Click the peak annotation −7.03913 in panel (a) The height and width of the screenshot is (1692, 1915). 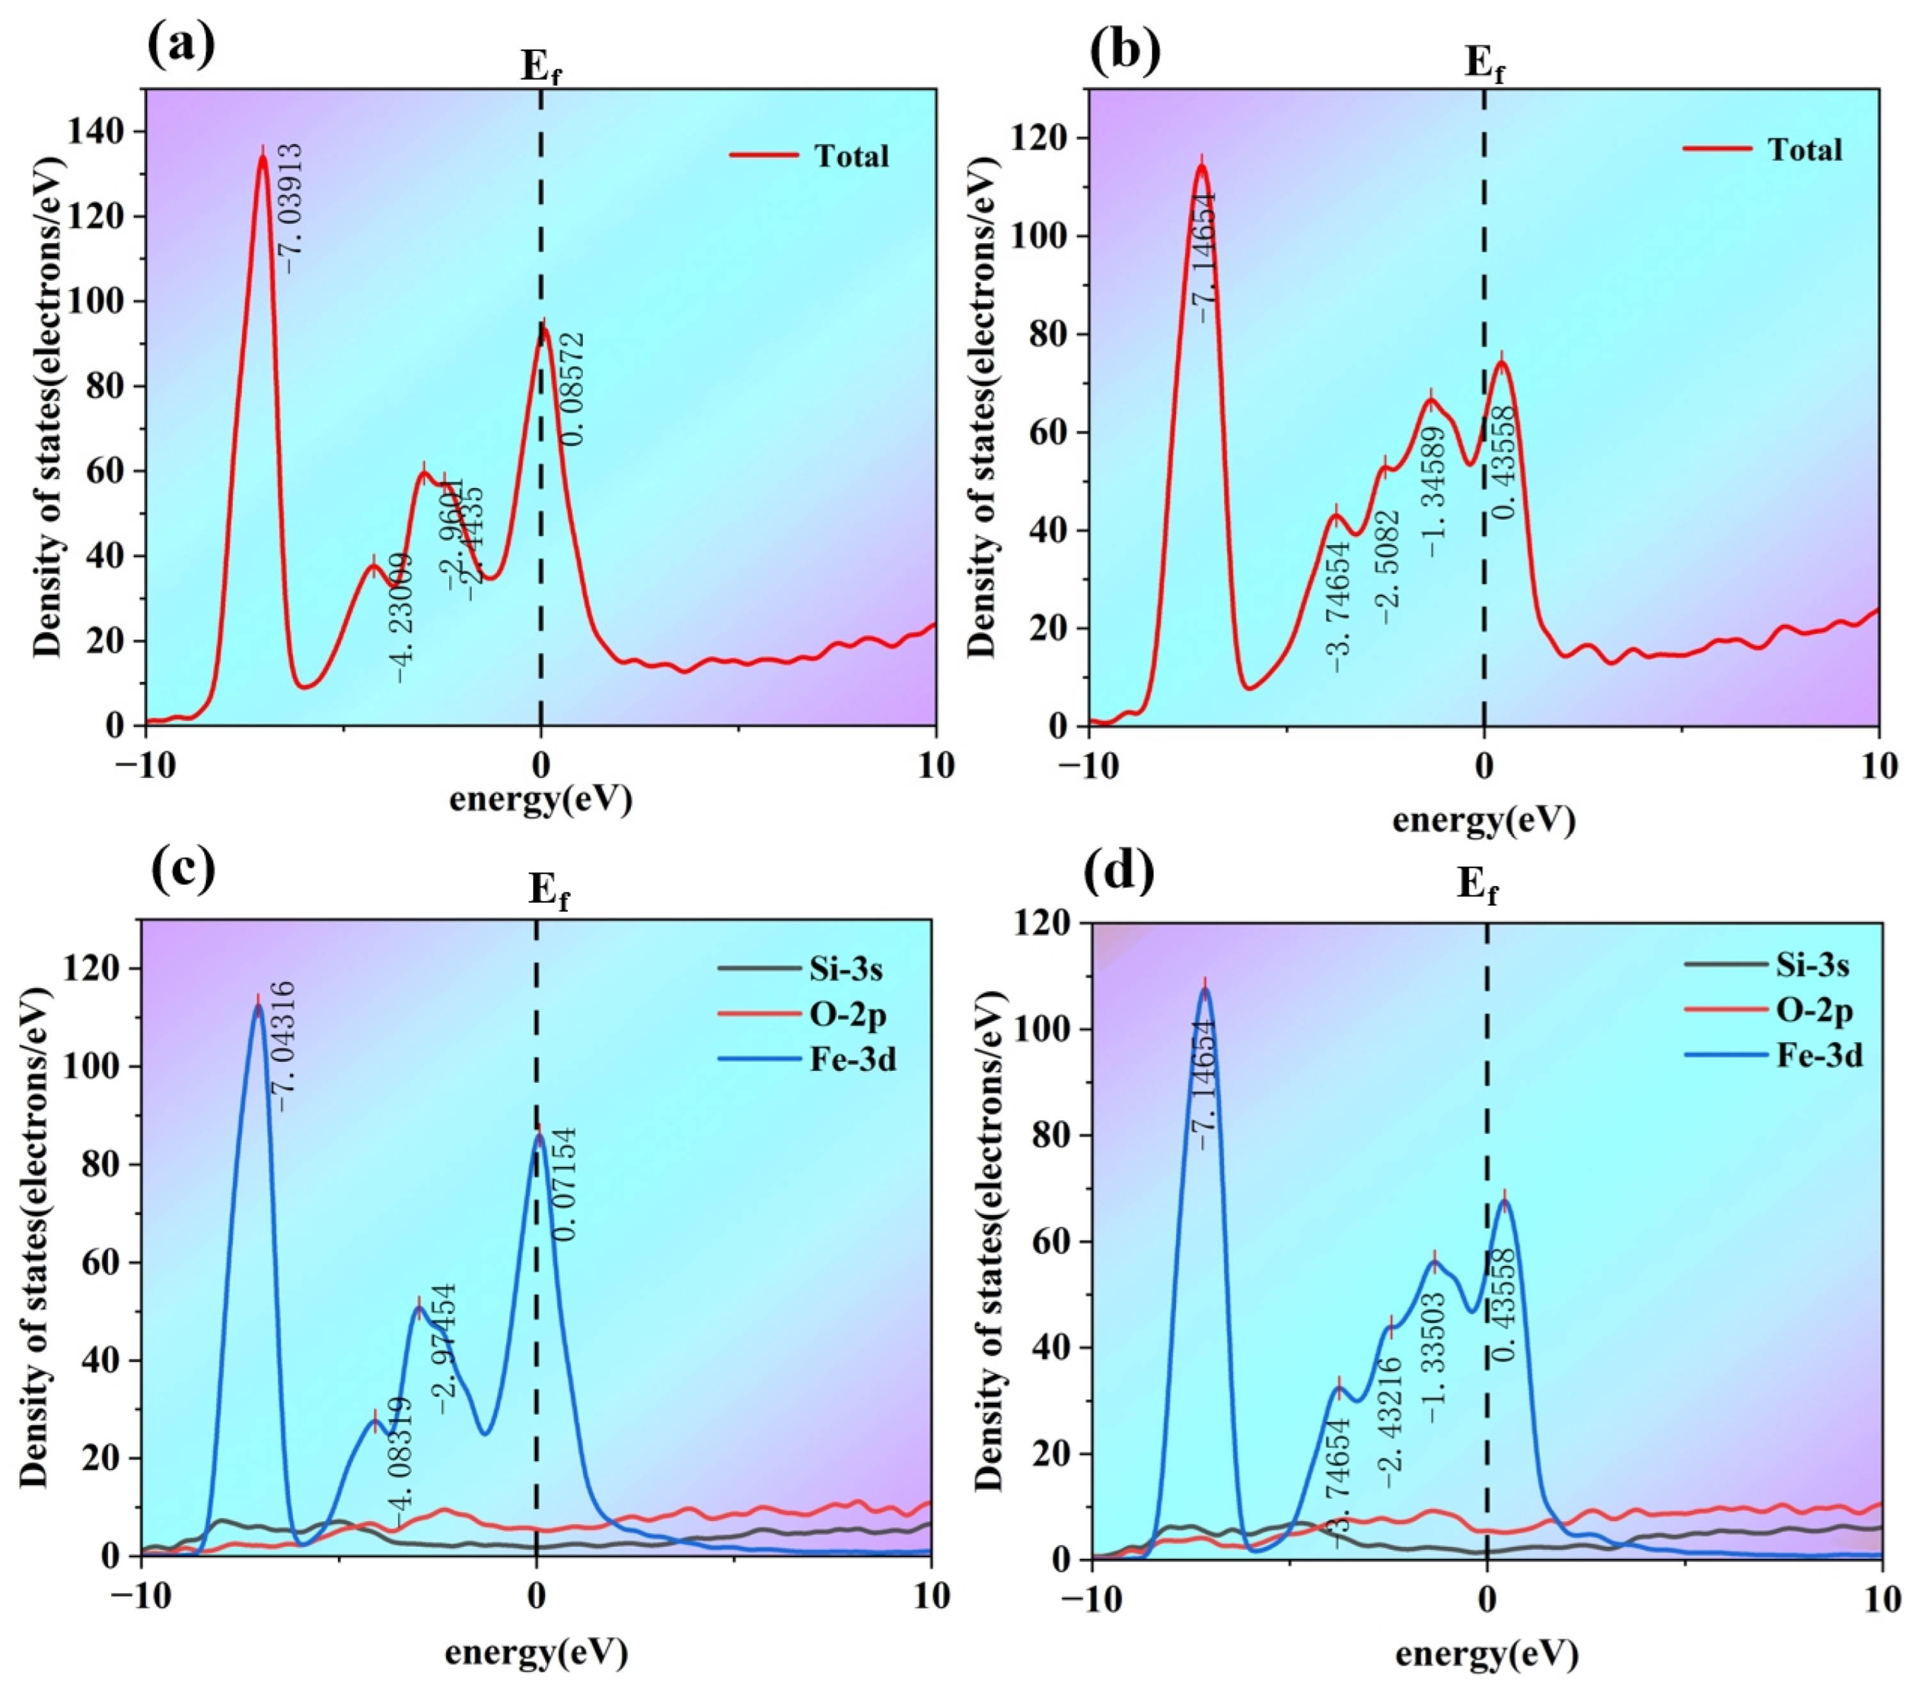pos(292,208)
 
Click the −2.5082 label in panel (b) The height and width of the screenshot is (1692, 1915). pos(1390,567)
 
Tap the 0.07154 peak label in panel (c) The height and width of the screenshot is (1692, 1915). pos(566,1184)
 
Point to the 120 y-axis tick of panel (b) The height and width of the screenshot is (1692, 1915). pos(1038,138)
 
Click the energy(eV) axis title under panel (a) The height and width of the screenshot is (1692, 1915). pos(541,799)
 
